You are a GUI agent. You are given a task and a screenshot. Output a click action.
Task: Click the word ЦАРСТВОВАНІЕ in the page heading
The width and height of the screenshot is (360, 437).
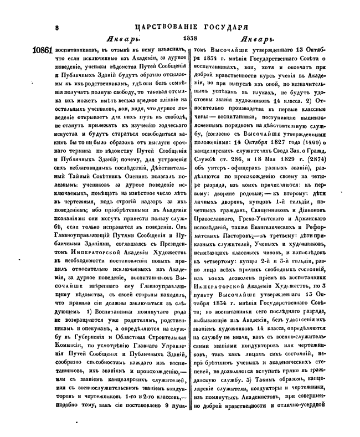point(165,26)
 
